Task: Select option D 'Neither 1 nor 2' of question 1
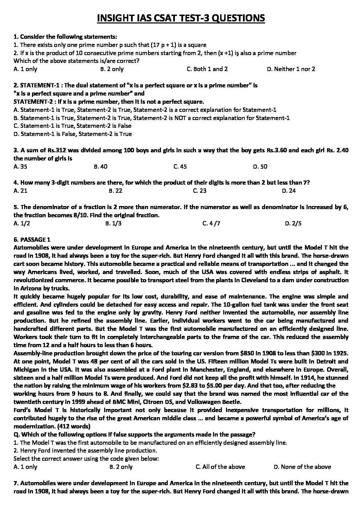click(x=291, y=69)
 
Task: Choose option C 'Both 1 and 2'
click(x=207, y=69)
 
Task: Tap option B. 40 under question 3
click(x=100, y=167)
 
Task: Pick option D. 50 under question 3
click(x=260, y=167)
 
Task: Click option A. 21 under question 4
click(x=20, y=191)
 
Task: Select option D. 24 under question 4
click(x=289, y=191)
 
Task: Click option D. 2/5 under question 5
click(x=293, y=223)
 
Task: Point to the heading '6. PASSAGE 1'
click(x=32, y=239)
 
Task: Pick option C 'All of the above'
click(x=220, y=467)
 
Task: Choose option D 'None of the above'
click(x=302, y=467)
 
